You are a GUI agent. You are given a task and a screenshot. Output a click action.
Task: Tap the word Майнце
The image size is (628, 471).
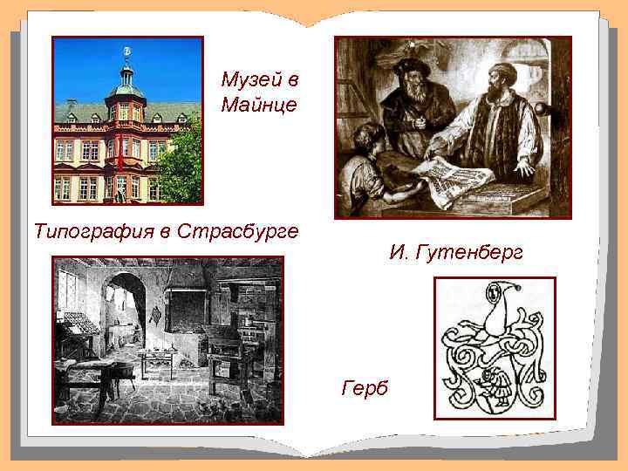259,106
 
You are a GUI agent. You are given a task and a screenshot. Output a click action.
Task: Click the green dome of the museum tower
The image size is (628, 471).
127,87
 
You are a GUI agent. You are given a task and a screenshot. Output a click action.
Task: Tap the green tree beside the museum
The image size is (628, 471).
181,161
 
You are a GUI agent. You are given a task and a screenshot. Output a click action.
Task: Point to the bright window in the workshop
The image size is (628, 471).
68,288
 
